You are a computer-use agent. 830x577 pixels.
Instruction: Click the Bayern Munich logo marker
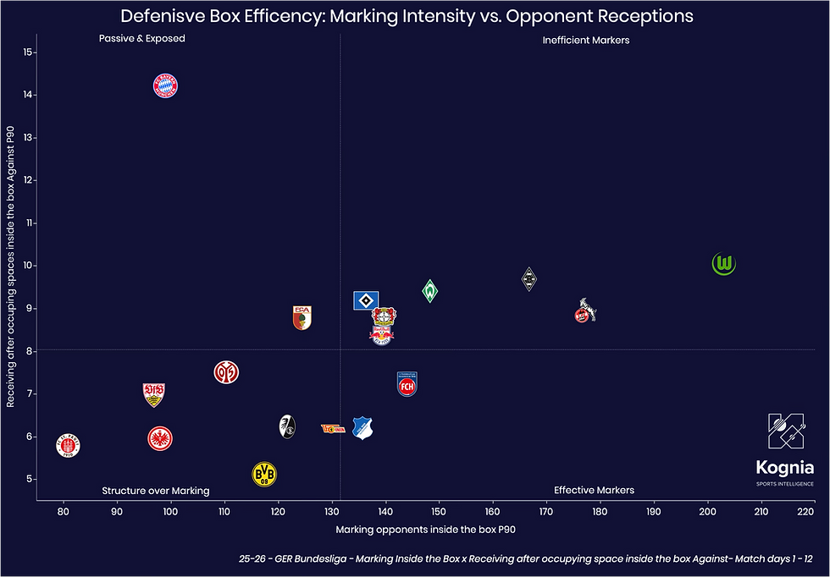coord(165,85)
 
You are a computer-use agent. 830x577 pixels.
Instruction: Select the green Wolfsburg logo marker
coord(724,264)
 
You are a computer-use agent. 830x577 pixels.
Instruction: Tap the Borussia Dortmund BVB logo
coord(265,474)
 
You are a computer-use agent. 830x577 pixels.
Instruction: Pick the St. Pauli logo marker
coord(69,445)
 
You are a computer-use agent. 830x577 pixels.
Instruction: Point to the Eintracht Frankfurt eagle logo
coord(160,437)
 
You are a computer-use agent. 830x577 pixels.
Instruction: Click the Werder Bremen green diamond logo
coord(430,291)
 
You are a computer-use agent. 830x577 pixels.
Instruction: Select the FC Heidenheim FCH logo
coord(407,384)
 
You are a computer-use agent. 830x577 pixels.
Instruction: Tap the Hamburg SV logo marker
coord(365,299)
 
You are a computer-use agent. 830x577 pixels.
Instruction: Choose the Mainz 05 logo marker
coord(226,371)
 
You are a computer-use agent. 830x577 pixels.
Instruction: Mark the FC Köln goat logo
coord(584,311)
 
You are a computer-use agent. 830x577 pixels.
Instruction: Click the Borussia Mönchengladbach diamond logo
coord(529,278)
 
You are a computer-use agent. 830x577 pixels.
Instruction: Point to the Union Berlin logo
coord(333,429)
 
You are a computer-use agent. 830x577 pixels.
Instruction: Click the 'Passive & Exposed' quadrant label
coord(141,39)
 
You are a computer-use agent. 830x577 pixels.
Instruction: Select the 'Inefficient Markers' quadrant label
coord(586,40)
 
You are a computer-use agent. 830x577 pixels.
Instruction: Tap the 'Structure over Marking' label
coord(156,491)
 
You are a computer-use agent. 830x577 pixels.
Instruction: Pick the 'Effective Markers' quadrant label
coord(594,490)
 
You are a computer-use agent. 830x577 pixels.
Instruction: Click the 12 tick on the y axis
coord(28,180)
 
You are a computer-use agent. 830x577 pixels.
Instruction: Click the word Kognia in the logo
coord(785,468)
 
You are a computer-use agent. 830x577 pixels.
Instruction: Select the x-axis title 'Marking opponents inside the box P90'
coord(426,530)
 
